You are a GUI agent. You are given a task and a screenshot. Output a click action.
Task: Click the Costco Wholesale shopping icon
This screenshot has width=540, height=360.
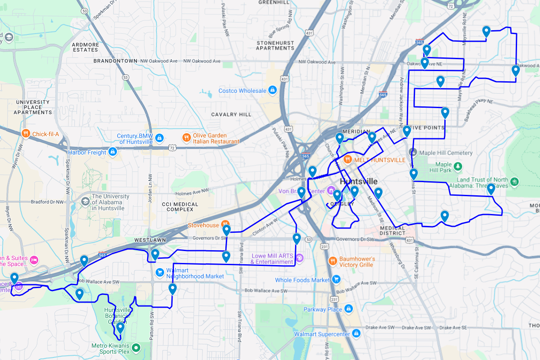coord(273,90)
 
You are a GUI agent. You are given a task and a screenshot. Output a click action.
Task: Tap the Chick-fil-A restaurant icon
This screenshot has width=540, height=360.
coord(26,134)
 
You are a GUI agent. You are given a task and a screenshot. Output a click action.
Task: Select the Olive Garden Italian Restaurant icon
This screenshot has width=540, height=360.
coord(186,137)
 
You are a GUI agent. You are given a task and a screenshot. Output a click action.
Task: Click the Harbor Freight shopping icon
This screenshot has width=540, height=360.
coord(113,152)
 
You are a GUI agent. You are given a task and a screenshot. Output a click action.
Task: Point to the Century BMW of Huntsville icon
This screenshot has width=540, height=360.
coord(159,138)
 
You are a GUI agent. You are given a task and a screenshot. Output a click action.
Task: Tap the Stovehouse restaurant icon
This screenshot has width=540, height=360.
coord(225,225)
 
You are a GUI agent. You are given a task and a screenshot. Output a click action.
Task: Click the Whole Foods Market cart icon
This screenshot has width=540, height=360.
coord(336,280)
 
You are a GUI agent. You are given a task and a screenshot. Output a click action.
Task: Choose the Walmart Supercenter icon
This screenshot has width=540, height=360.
coord(357,334)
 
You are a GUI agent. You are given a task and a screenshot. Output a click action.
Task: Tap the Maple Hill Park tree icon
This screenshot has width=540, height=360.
coord(458,166)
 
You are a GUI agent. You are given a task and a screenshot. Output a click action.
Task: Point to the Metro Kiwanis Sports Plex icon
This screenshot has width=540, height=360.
coord(136,348)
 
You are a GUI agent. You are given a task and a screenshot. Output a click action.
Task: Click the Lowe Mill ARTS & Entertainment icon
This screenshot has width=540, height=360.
coord(299,258)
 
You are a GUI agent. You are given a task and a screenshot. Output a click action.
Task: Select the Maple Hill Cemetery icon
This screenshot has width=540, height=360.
coord(412,152)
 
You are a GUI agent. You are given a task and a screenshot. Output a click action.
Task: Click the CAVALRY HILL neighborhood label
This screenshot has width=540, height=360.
coord(231,114)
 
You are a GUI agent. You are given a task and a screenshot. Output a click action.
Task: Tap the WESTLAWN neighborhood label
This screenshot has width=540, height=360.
coord(150,240)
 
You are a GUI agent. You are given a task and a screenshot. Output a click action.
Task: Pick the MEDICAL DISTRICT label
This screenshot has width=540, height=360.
coord(392,230)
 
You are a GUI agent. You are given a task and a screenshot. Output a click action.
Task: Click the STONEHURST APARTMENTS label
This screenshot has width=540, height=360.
coord(275,46)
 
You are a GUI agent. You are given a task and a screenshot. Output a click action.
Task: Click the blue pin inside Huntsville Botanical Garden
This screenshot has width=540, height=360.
coord(120,328)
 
